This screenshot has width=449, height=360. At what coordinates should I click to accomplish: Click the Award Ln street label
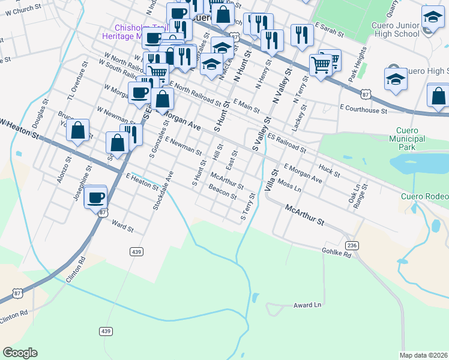pyautogui.click(x=307, y=305)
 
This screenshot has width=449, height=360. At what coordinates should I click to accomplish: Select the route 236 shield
pyautogui.click(x=352, y=245)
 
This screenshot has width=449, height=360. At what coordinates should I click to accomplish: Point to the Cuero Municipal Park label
pyautogui.click(x=411, y=139)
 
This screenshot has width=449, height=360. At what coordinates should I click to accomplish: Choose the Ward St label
pyautogui.click(x=122, y=226)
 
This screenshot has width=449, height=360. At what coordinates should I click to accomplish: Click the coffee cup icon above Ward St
pyautogui.click(x=95, y=196)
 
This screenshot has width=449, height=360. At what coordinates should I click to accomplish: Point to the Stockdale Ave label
pyautogui.click(x=159, y=190)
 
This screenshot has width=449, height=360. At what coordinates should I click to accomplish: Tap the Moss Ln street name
pyautogui.click(x=289, y=186)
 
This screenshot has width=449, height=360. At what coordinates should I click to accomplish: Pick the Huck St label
pyautogui.click(x=330, y=171)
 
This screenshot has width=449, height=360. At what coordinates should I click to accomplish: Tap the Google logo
pyautogui.click(x=20, y=353)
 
